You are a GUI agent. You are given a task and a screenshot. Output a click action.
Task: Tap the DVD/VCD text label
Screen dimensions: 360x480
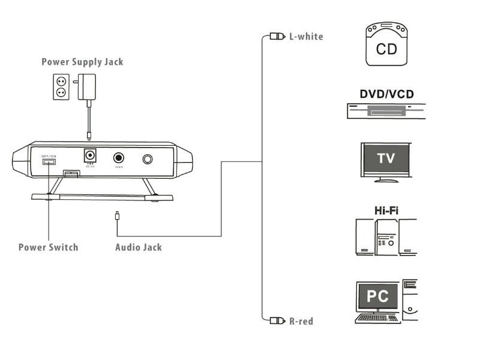tap(386, 94)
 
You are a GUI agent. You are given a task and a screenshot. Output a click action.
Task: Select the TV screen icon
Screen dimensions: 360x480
tap(386, 159)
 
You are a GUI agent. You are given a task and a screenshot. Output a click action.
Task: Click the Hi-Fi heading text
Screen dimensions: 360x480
tap(386, 211)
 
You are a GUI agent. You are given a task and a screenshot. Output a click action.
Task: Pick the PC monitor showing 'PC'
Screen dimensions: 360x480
tap(378, 296)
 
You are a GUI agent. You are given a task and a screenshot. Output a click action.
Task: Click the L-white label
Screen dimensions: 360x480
tap(306, 37)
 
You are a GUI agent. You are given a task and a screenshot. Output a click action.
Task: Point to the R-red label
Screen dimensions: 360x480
tap(301, 321)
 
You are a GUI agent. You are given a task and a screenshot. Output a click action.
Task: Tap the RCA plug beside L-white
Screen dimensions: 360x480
tap(277, 37)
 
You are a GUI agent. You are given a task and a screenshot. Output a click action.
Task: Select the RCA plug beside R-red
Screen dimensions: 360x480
tap(277, 320)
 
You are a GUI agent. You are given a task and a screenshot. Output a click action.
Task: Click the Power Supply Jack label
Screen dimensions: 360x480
tap(82, 62)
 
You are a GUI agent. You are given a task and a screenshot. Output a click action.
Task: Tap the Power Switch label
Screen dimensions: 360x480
tap(48, 247)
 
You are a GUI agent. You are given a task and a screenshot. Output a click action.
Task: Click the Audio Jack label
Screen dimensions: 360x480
tap(138, 247)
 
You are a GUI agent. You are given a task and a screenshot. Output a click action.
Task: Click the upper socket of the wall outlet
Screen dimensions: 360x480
tap(61, 80)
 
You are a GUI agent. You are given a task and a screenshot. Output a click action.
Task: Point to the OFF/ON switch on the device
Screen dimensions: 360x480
tap(49, 161)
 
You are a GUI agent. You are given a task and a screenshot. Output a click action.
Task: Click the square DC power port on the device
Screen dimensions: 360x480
tap(90, 155)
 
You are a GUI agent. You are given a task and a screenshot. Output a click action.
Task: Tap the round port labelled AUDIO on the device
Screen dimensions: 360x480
tap(119, 159)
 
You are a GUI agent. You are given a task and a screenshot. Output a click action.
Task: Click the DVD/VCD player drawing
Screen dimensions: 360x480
tap(386, 111)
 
